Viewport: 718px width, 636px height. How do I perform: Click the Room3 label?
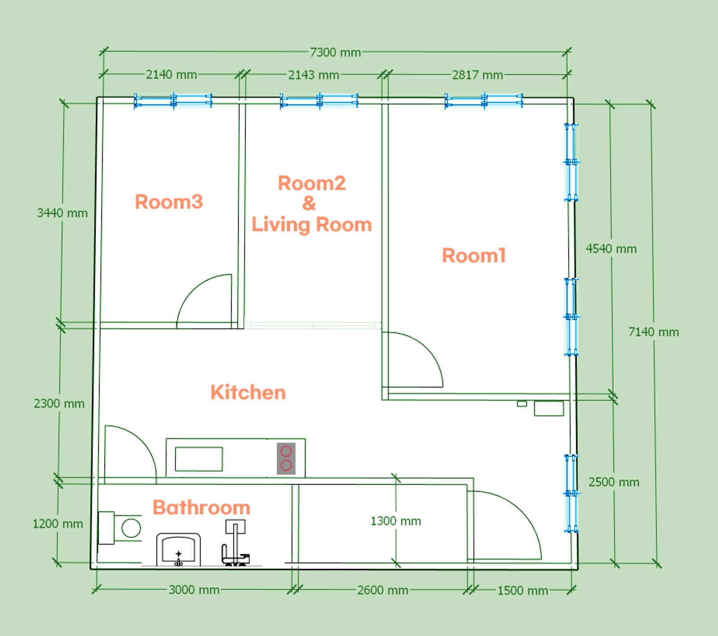pyautogui.click(x=169, y=202)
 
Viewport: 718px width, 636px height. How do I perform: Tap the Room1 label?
pyautogui.click(x=474, y=256)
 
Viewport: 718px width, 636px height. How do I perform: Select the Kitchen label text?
pyautogui.click(x=248, y=392)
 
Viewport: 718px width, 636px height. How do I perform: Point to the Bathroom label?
pyautogui.click(x=201, y=508)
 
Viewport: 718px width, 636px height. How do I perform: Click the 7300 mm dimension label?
pyautogui.click(x=336, y=53)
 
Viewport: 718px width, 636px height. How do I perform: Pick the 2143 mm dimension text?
pyautogui.click(x=314, y=75)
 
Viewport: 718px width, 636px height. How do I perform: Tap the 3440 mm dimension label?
pyautogui.click(x=62, y=213)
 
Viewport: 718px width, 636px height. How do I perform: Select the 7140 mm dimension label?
pyautogui.click(x=653, y=332)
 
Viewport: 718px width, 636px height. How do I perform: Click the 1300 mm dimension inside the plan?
pyautogui.click(x=396, y=521)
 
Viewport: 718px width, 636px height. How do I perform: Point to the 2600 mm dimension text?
pyautogui.click(x=383, y=590)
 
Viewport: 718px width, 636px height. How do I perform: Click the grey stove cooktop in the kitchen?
pyautogui.click(x=286, y=459)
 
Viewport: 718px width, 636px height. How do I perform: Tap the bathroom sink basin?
pyautogui.click(x=179, y=550)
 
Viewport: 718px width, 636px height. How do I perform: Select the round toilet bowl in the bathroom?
pyautogui.click(x=131, y=528)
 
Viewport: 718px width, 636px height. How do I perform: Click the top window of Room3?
pyautogui.click(x=173, y=101)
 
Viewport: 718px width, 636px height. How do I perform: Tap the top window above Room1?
pyautogui.click(x=484, y=101)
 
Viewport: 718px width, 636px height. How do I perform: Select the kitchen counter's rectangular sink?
pyautogui.click(x=199, y=459)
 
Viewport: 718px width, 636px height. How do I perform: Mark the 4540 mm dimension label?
pyautogui.click(x=611, y=249)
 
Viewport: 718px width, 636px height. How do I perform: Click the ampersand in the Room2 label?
pyautogui.click(x=309, y=203)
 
